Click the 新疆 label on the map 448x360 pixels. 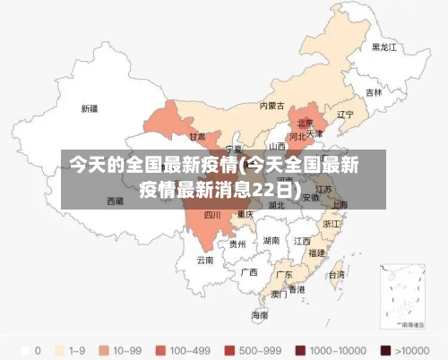coord(90,108)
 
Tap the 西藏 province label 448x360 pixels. coord(116,201)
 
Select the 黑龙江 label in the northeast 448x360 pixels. coord(384,47)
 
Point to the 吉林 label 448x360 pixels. coord(374,92)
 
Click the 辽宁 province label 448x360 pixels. coord(345,115)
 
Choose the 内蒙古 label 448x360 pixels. coord(271,105)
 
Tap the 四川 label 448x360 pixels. coord(212,215)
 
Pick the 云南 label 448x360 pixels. coord(205,261)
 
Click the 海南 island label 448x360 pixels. coord(259,315)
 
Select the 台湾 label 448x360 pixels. coord(336,275)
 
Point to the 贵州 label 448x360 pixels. coord(237,244)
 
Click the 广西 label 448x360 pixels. coord(249,271)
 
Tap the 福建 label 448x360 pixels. coord(316,253)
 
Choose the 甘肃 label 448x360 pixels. coord(197,137)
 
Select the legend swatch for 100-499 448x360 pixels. coord(162,349)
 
